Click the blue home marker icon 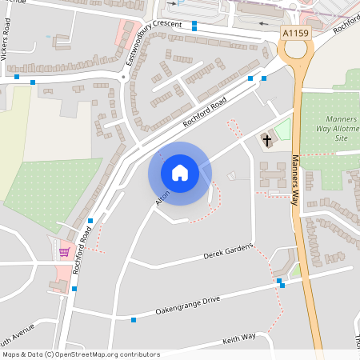click(x=180, y=172)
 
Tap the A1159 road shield click(x=295, y=33)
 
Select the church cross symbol click(x=266, y=141)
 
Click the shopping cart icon click(x=64, y=252)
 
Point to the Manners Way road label click(x=294, y=180)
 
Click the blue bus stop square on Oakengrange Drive click(x=134, y=320)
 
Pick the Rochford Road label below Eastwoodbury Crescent click(x=205, y=113)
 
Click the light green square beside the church click(x=282, y=130)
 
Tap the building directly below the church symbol click(x=271, y=173)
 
